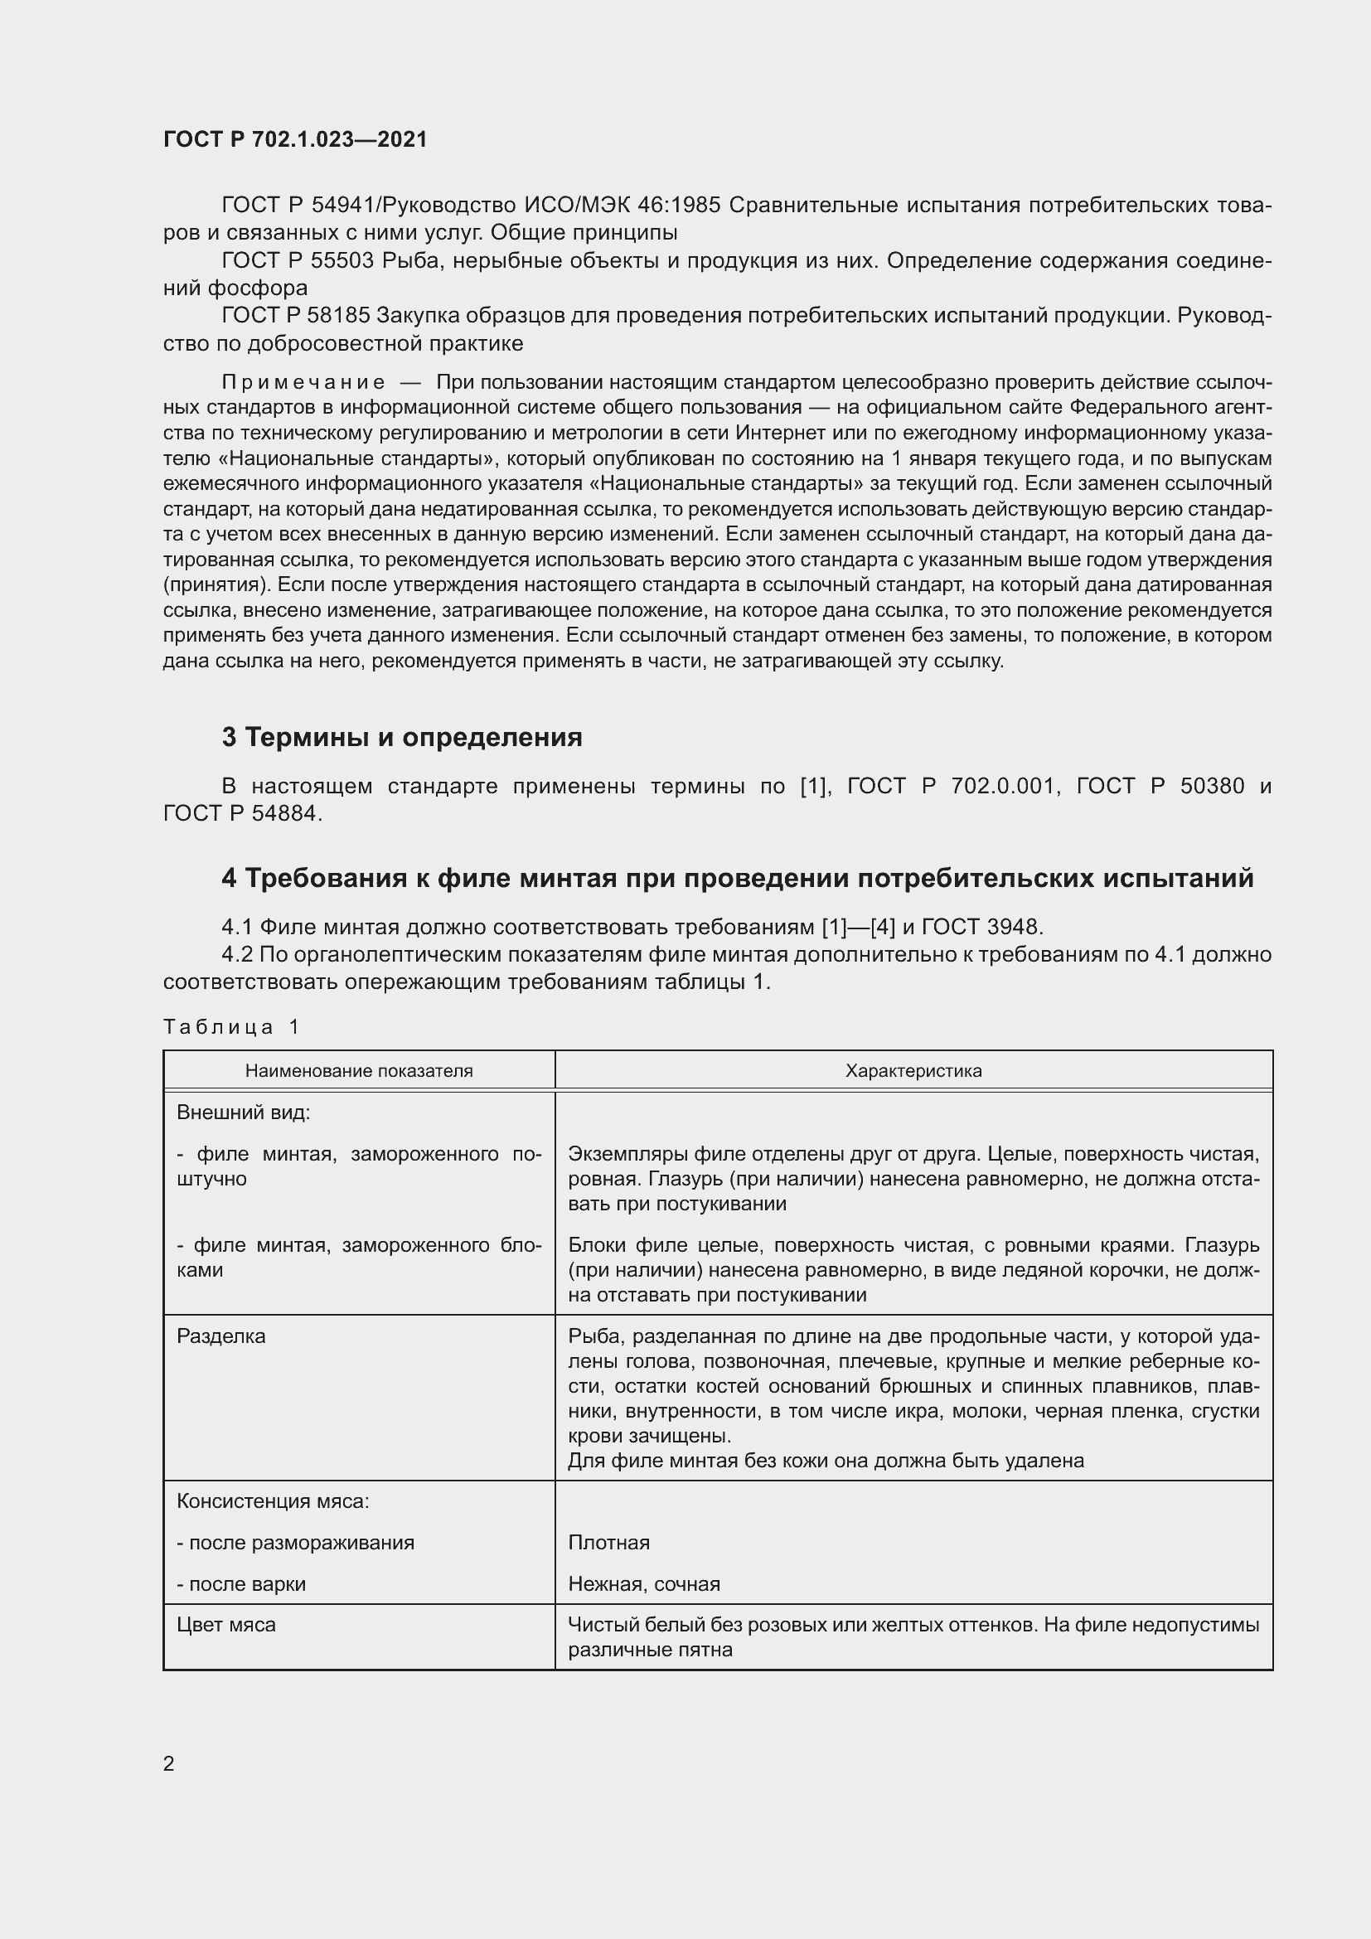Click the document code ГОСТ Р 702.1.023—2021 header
click(295, 139)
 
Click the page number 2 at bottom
click(169, 1763)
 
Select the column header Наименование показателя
click(359, 1071)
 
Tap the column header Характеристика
click(913, 1071)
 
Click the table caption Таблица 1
click(231, 1027)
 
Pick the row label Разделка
click(221, 1337)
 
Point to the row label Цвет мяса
click(226, 1625)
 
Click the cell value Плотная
click(608, 1543)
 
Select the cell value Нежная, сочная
click(644, 1584)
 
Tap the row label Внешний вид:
click(243, 1113)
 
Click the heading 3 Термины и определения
click(402, 737)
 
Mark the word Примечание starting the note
click(303, 382)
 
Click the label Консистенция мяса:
click(273, 1501)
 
